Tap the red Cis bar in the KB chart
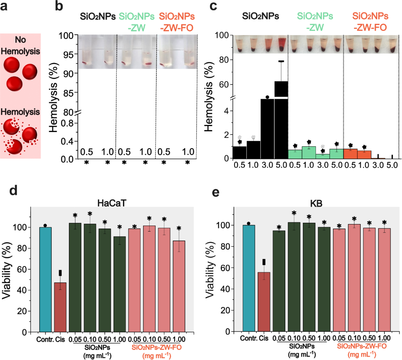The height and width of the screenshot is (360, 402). (264, 301)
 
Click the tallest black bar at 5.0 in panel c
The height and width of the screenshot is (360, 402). (281, 119)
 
